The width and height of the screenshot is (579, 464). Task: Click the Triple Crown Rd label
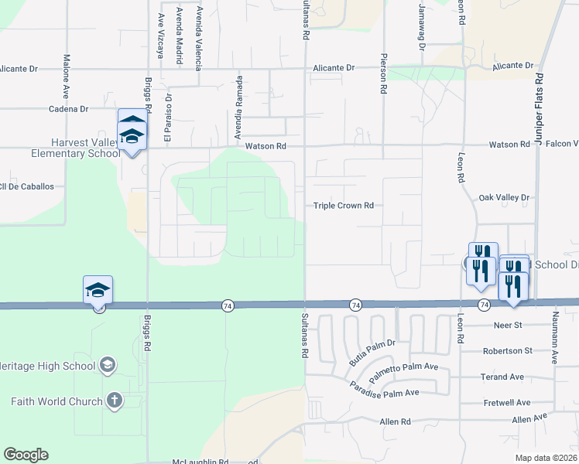click(x=344, y=206)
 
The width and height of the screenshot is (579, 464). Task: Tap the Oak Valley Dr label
click(x=504, y=198)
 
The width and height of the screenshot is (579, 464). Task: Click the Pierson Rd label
click(x=383, y=73)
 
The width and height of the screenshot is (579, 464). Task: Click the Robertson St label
click(x=507, y=351)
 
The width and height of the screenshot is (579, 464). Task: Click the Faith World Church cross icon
click(x=114, y=401)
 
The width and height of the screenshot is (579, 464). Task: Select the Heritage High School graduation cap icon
click(x=108, y=364)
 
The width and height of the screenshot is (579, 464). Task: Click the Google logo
click(x=26, y=455)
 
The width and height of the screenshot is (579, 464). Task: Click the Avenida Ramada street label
click(x=240, y=101)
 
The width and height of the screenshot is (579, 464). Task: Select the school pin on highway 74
click(x=98, y=291)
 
